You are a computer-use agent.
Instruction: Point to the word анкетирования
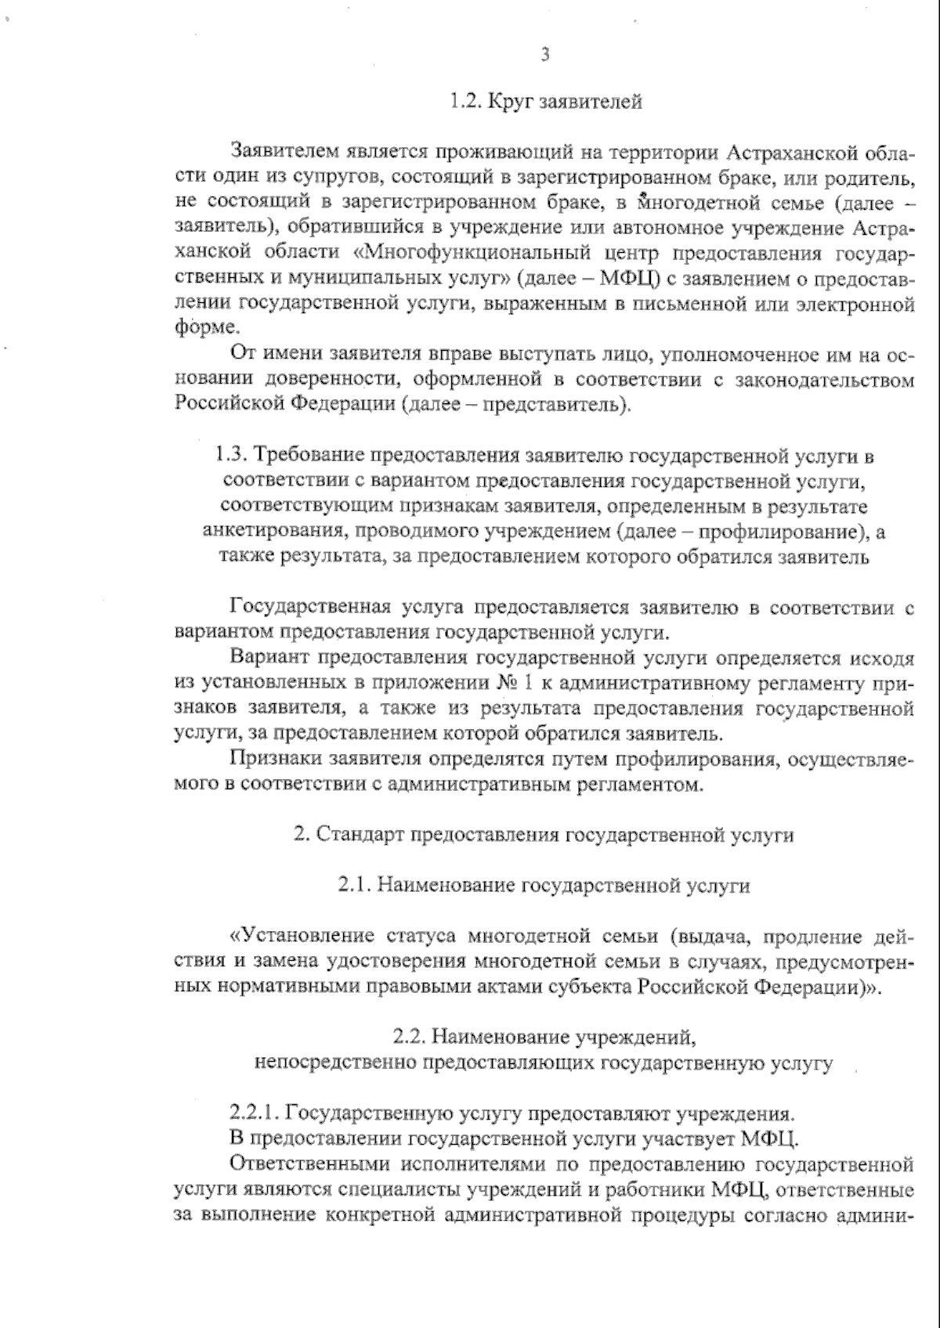274,532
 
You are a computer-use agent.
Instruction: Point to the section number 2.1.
357,886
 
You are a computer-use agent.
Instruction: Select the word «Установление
299,936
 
